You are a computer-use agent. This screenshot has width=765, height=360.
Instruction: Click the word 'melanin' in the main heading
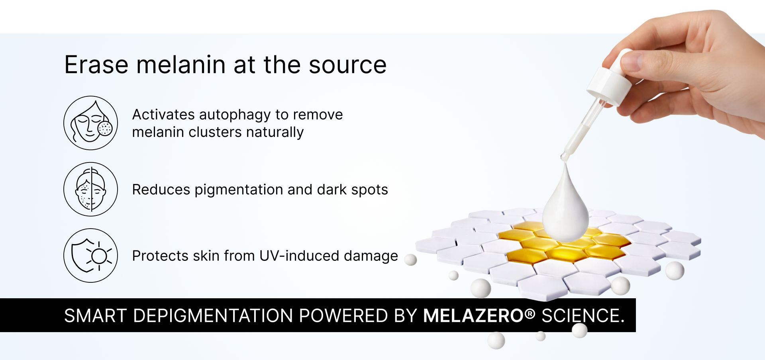[x=181, y=65]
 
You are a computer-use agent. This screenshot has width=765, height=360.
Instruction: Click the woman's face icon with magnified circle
[x=90, y=123]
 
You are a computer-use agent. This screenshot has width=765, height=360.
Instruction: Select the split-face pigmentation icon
[x=90, y=189]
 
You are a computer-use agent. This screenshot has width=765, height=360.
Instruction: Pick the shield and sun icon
[x=90, y=255]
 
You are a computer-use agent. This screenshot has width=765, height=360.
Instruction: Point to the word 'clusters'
[x=215, y=132]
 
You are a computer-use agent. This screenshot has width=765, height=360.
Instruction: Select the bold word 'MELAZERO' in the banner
[x=473, y=316]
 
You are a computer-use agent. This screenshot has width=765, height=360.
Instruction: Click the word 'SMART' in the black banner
[x=96, y=316]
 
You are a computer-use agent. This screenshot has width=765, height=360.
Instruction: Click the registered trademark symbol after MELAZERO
[x=530, y=313]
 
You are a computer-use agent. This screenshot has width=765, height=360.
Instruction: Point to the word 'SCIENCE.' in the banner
[x=583, y=316]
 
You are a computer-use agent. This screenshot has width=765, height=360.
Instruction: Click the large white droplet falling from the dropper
[x=565, y=205]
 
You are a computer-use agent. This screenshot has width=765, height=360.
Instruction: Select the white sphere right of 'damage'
[x=410, y=260]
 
